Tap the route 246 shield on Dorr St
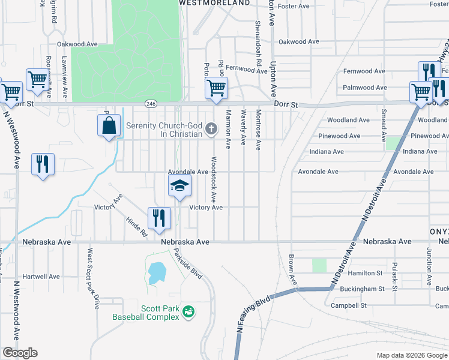pyautogui.click(x=150, y=104)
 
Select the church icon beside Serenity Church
pyautogui.click(x=211, y=128)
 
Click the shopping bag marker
pyautogui.click(x=109, y=126)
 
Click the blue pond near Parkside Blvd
pyautogui.click(x=155, y=273)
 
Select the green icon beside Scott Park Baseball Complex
pyautogui.click(x=188, y=311)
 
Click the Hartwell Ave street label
pyautogui.click(x=41, y=277)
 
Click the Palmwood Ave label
pyautogui.click(x=364, y=88)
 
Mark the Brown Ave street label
pyautogui.click(x=293, y=271)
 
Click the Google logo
pyautogui.click(x=20, y=353)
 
